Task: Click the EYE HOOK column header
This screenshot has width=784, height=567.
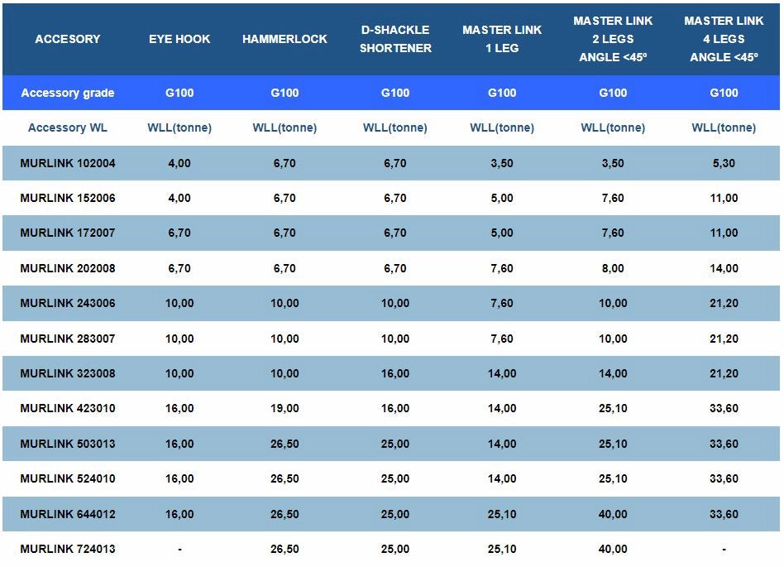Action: pos(179,39)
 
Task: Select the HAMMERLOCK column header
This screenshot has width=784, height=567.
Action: pos(284,39)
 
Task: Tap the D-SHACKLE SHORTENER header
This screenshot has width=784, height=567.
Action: pos(395,39)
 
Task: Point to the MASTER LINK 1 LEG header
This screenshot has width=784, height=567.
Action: pos(502,39)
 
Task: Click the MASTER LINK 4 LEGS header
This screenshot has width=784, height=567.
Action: pos(724,39)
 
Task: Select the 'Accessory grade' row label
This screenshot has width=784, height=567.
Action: pos(68,93)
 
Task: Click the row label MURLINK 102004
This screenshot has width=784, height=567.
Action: pos(68,163)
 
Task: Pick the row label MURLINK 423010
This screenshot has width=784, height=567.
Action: pos(68,408)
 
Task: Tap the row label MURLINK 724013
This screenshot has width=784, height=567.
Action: pos(68,549)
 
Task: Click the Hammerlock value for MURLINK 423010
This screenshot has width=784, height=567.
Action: pos(284,408)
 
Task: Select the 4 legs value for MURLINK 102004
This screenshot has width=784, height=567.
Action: pos(724,163)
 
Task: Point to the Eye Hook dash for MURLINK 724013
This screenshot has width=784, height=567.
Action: pos(179,549)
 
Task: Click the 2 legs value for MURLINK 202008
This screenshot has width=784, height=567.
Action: pos(613,268)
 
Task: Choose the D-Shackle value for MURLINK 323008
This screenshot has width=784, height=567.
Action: pos(395,373)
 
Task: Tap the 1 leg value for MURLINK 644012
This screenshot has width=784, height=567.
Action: pos(502,514)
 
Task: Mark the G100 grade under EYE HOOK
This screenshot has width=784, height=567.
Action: pos(179,93)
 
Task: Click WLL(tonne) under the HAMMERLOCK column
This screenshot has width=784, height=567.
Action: pos(284,127)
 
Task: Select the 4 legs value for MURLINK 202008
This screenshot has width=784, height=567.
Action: pos(724,268)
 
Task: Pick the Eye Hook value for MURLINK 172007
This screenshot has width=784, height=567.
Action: pos(179,233)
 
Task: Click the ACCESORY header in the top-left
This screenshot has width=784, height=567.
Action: pos(68,39)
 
